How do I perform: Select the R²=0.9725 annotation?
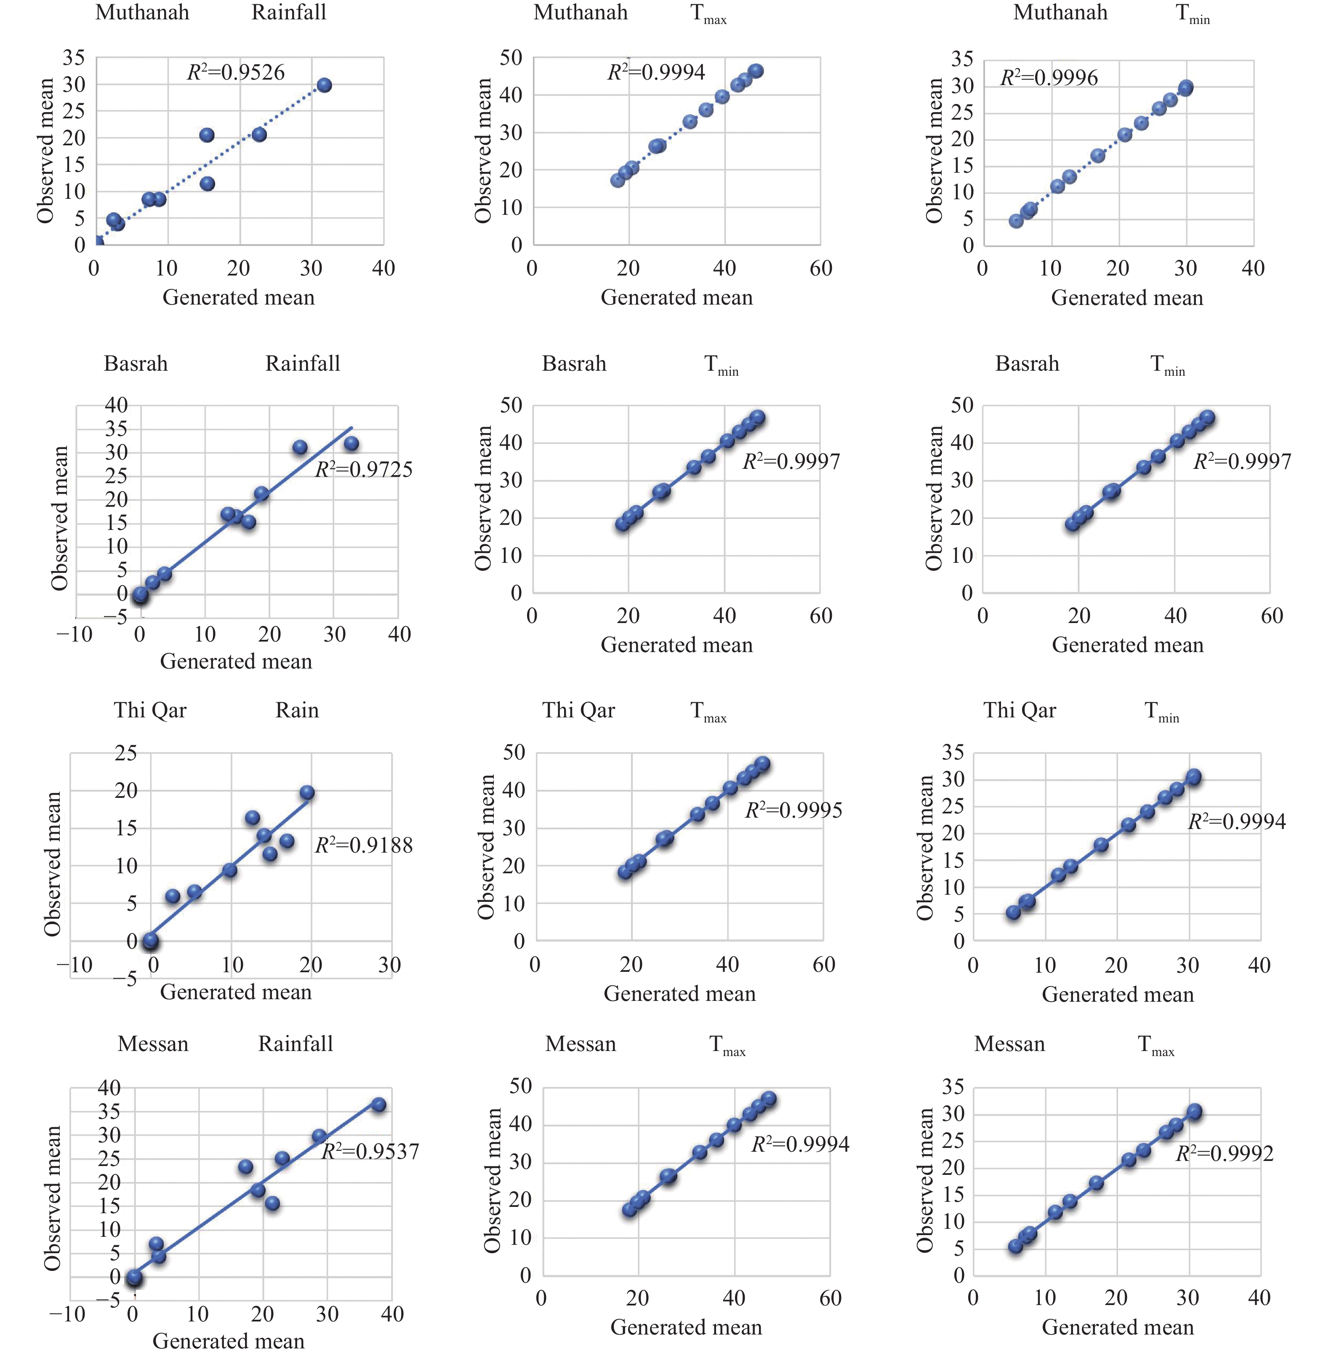[x=364, y=470]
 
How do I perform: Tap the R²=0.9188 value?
[x=364, y=845]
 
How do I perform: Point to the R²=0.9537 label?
[x=370, y=1151]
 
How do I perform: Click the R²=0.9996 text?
[x=1049, y=78]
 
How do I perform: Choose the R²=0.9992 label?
[x=1224, y=1154]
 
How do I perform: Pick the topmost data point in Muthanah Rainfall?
[x=324, y=86]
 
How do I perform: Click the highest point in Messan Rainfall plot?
[x=378, y=1105]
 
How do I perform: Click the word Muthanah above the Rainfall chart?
[x=142, y=13]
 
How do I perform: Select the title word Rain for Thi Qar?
[x=297, y=710]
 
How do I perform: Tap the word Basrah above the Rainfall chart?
[x=136, y=364]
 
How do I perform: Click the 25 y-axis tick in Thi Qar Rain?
[x=126, y=753]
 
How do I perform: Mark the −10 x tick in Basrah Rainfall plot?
[x=75, y=634]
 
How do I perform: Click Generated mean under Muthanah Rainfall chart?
[x=238, y=297]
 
